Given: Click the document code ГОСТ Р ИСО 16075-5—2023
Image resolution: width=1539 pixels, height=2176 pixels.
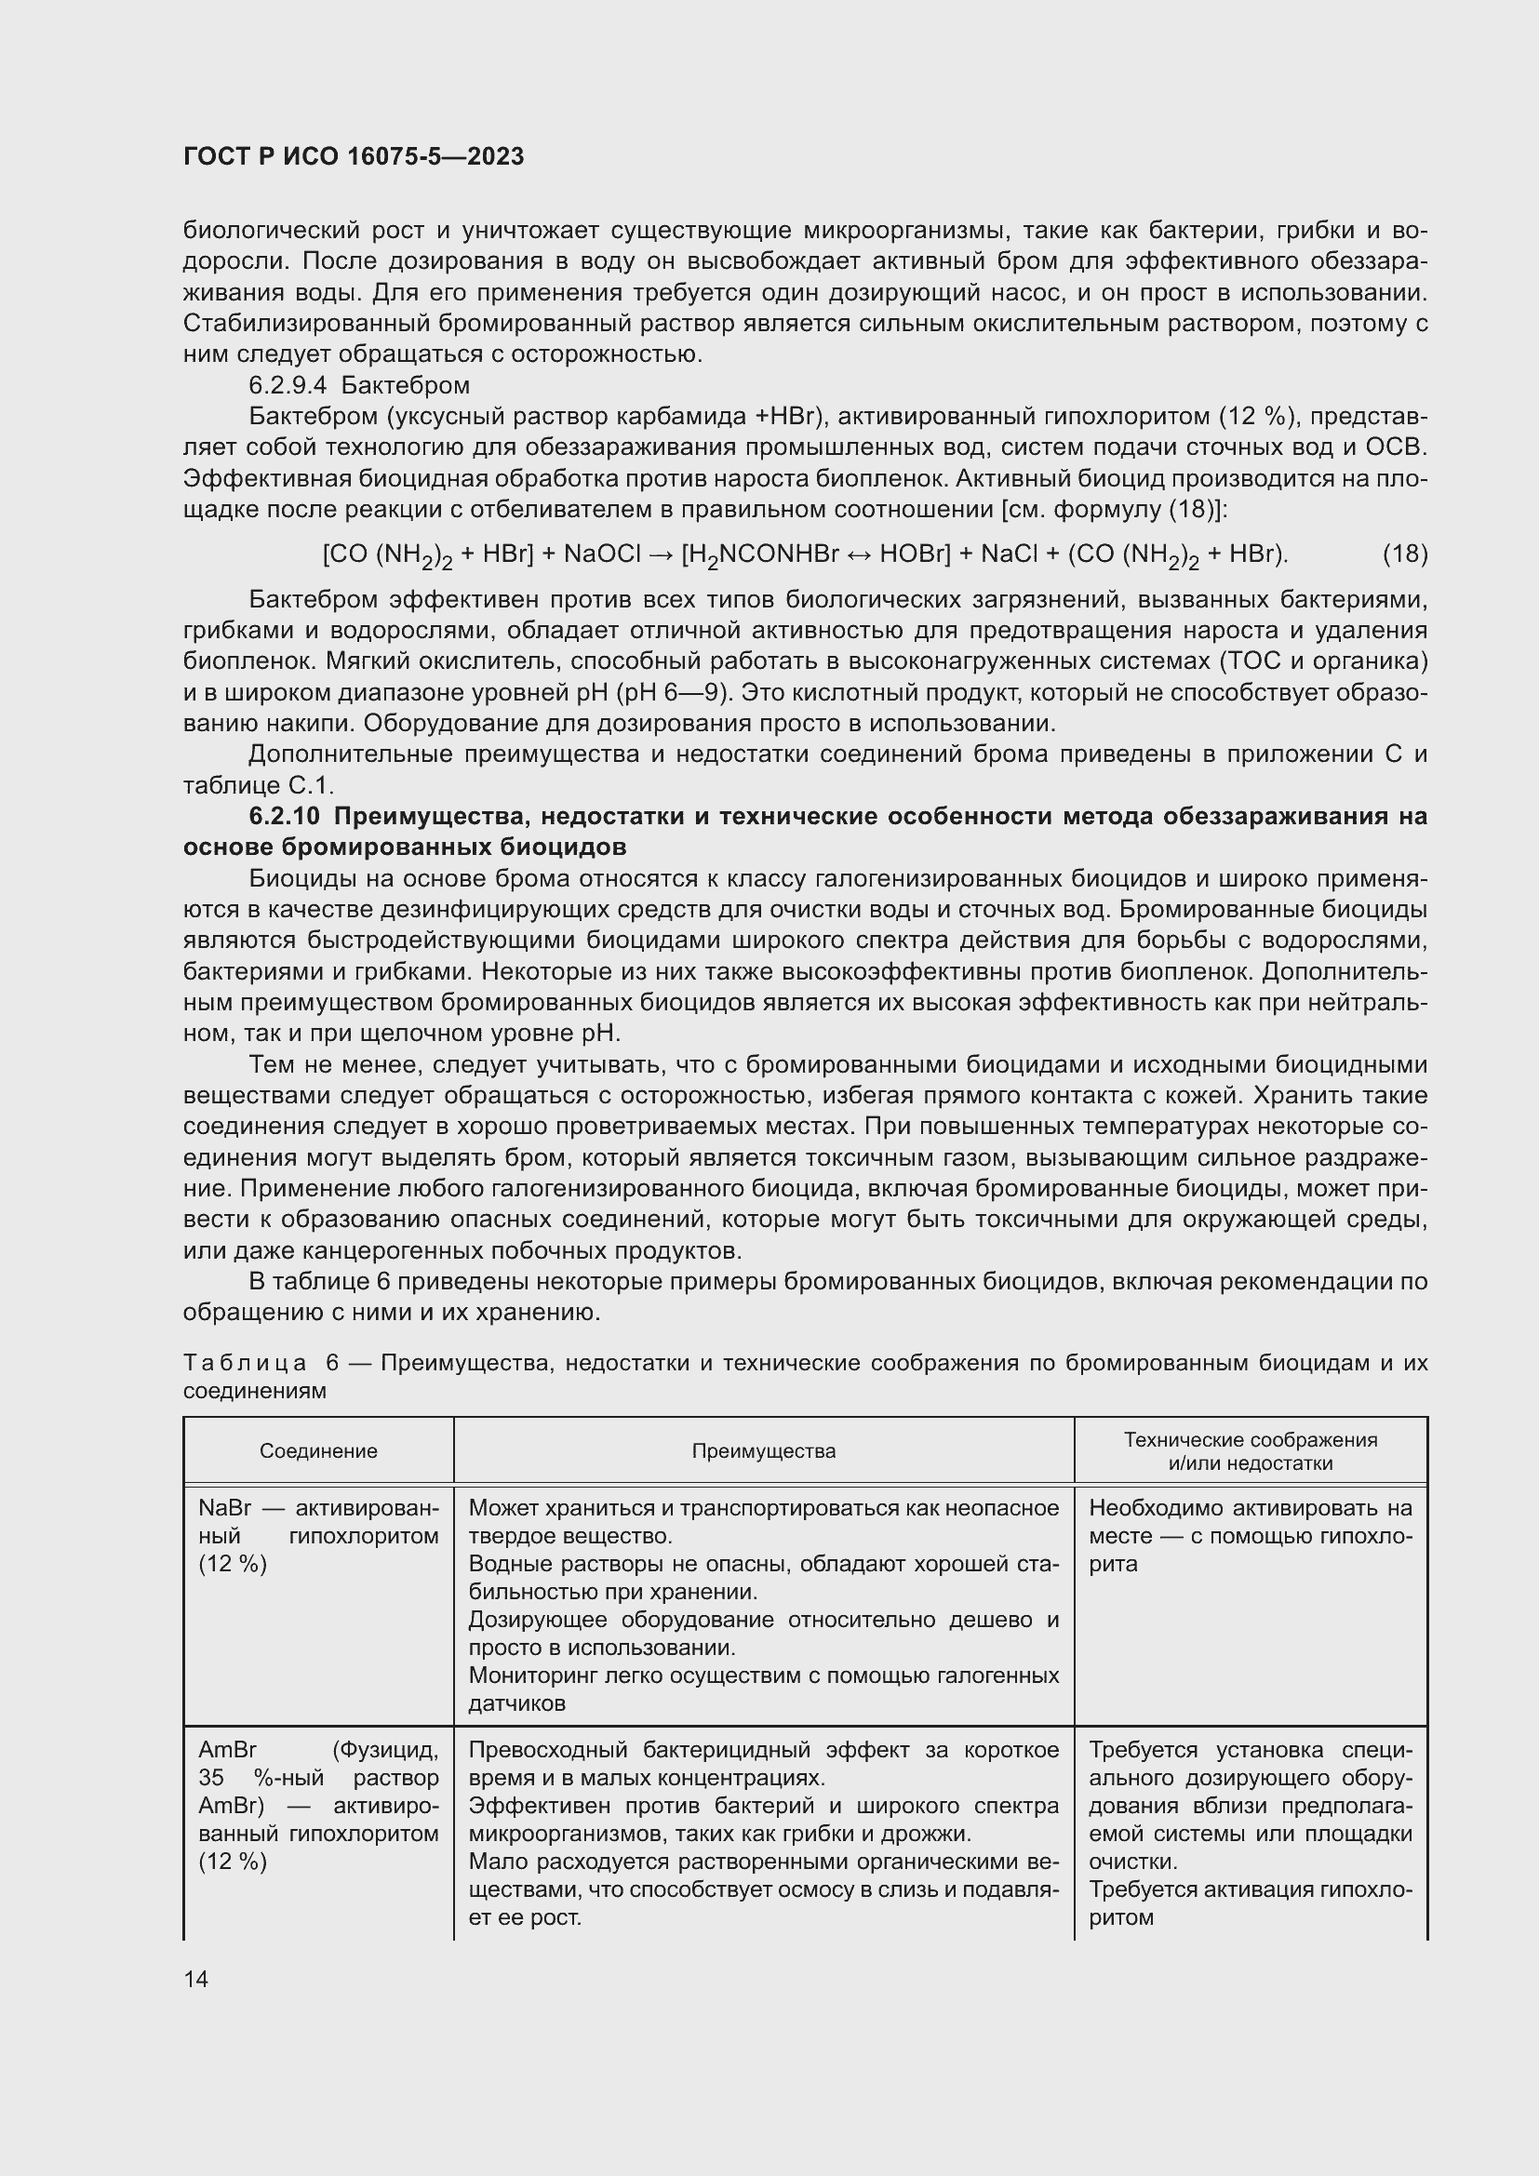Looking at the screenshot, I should [354, 157].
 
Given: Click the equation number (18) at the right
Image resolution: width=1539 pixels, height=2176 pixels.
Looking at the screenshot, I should [1404, 554].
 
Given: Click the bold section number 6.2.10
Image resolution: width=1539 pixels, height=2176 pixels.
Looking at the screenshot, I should [286, 816].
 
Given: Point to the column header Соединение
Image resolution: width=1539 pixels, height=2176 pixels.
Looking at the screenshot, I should [318, 1451].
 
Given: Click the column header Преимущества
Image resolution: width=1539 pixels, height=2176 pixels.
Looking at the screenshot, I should [763, 1451].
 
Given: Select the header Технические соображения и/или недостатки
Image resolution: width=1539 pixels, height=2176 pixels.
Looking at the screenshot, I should [1250, 1451].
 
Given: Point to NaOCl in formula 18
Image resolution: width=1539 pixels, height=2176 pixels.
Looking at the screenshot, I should [603, 554].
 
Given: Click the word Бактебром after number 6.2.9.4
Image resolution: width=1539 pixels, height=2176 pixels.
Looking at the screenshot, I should [405, 386].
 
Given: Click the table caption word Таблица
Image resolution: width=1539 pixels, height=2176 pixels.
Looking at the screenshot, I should [245, 1363].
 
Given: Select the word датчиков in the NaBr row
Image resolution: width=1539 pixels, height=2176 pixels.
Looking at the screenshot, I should [517, 1703].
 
